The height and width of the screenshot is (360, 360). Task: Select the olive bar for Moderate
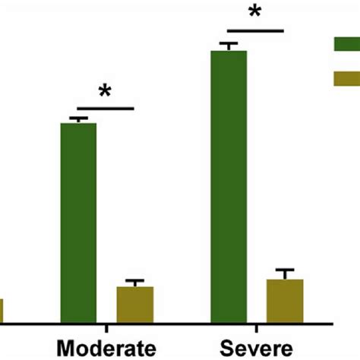pyautogui.click(x=134, y=304)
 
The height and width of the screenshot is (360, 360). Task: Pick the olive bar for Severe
pyautogui.click(x=285, y=300)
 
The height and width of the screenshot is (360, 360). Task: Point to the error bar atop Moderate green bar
pyautogui.click(x=78, y=119)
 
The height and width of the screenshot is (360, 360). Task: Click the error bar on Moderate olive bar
pyautogui.click(x=134, y=283)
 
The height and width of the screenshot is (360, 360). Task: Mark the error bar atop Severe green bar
pyautogui.click(x=229, y=46)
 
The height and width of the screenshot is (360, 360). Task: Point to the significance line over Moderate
pyautogui.click(x=105, y=109)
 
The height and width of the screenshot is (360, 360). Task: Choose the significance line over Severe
pyautogui.click(x=255, y=31)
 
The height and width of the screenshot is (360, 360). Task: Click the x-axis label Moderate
pyautogui.click(x=106, y=348)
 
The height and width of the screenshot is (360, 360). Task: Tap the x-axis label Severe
pyautogui.click(x=256, y=348)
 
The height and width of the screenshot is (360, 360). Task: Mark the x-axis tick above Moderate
pyautogui.click(x=106, y=327)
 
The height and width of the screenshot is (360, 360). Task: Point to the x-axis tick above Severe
pyautogui.click(x=257, y=327)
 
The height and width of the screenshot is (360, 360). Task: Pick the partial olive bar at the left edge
pyautogui.click(x=2, y=310)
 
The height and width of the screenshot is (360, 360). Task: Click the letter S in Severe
pyautogui.click(x=227, y=348)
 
